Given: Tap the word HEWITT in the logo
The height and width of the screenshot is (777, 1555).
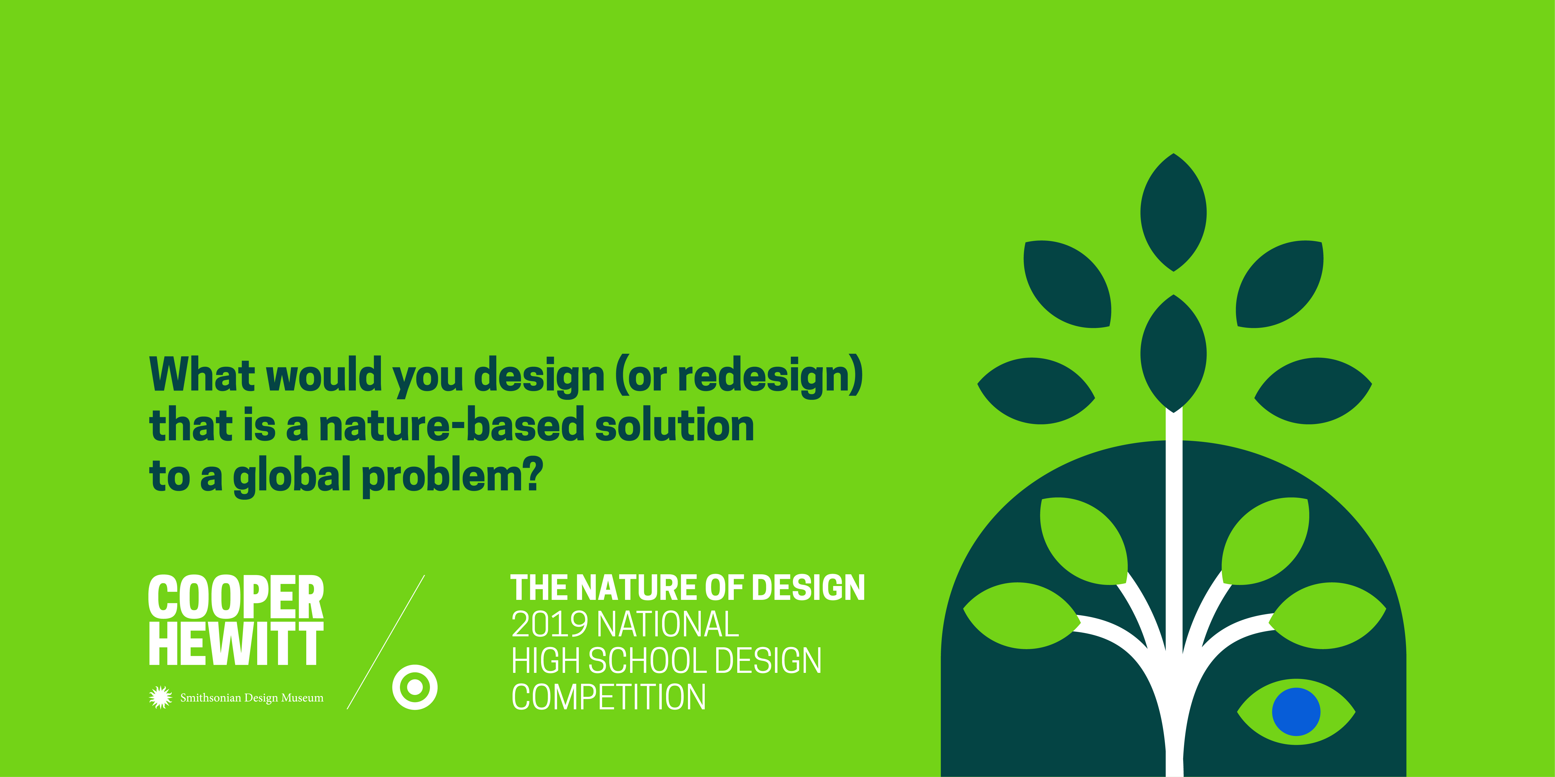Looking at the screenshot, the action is coord(236,644).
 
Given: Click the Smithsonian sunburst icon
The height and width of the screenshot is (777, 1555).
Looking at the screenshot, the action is coord(160,697).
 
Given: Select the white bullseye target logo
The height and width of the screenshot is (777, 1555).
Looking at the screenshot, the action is coord(415,687).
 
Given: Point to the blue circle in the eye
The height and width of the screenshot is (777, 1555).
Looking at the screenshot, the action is coord(1296,712).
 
